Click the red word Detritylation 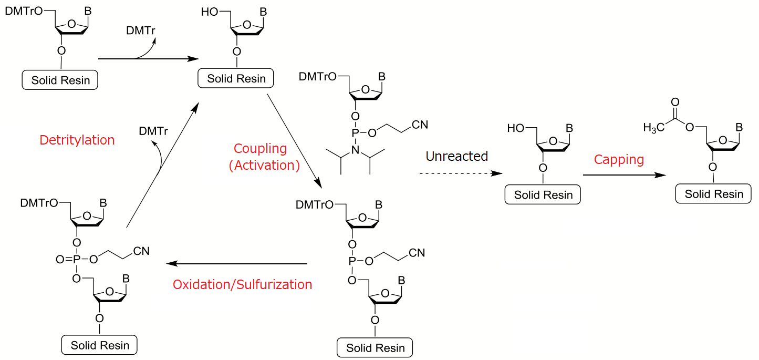[77, 140]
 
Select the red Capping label [619, 159]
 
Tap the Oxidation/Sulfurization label [243, 284]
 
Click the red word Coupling [261, 149]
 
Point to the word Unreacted [456, 156]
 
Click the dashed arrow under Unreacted [458, 172]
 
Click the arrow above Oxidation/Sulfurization [236, 263]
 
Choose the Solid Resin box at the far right [713, 194]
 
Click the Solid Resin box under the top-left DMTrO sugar [60, 80]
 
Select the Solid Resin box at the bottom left [100, 345]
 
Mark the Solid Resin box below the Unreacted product [543, 194]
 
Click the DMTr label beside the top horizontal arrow [140, 31]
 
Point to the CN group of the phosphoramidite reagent [420, 125]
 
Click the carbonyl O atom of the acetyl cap [675, 102]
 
